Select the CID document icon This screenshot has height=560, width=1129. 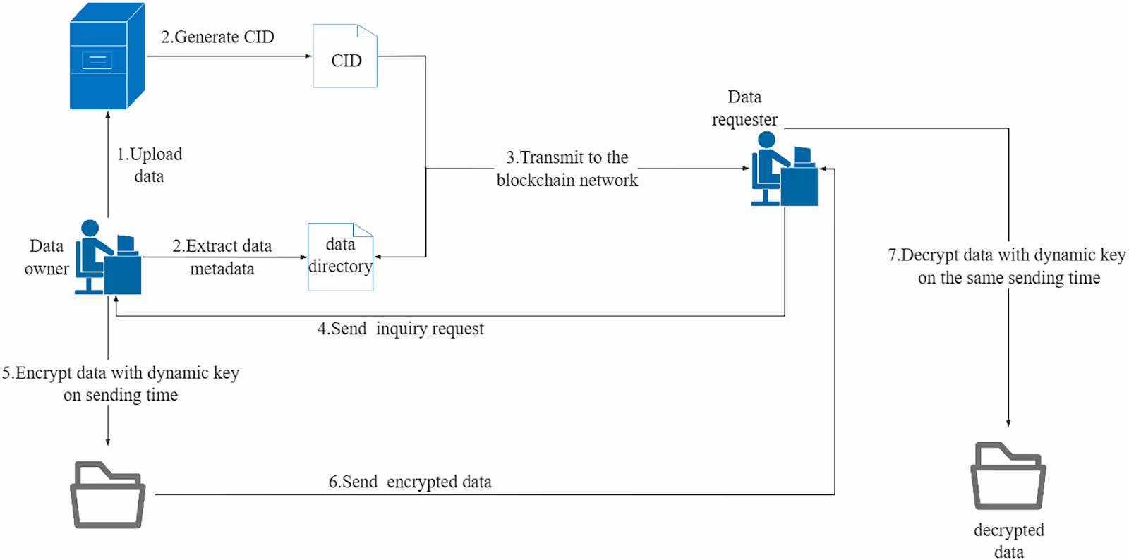[345, 56]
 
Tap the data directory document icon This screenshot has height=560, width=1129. [340, 257]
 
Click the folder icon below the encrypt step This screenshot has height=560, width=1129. [108, 494]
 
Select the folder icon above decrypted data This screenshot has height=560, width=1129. [1008, 476]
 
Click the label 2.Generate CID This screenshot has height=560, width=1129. [217, 37]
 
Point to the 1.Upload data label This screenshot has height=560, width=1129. [149, 165]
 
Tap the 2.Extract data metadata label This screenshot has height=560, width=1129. [222, 257]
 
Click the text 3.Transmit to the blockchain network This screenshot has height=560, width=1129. [567, 169]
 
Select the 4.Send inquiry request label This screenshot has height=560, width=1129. [400, 329]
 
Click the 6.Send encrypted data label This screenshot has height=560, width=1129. [410, 482]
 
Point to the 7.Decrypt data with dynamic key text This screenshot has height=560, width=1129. [1008, 266]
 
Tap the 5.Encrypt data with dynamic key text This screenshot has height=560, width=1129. [121, 383]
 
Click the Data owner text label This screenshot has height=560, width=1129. [47, 257]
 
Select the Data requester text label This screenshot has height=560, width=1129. [744, 108]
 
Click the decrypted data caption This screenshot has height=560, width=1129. [1008, 540]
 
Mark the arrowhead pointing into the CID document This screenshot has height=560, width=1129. [308, 56]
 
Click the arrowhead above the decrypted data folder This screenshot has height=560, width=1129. [1008, 423]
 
